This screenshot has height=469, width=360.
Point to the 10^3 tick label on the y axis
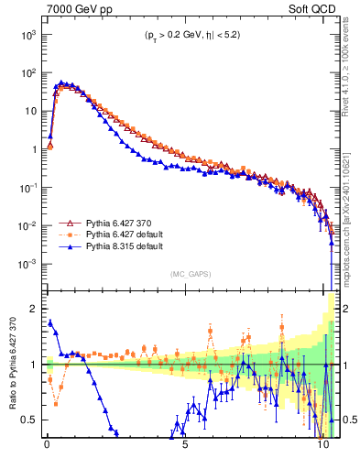[x=28, y=34]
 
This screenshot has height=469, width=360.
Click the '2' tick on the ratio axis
[x=35, y=309]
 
